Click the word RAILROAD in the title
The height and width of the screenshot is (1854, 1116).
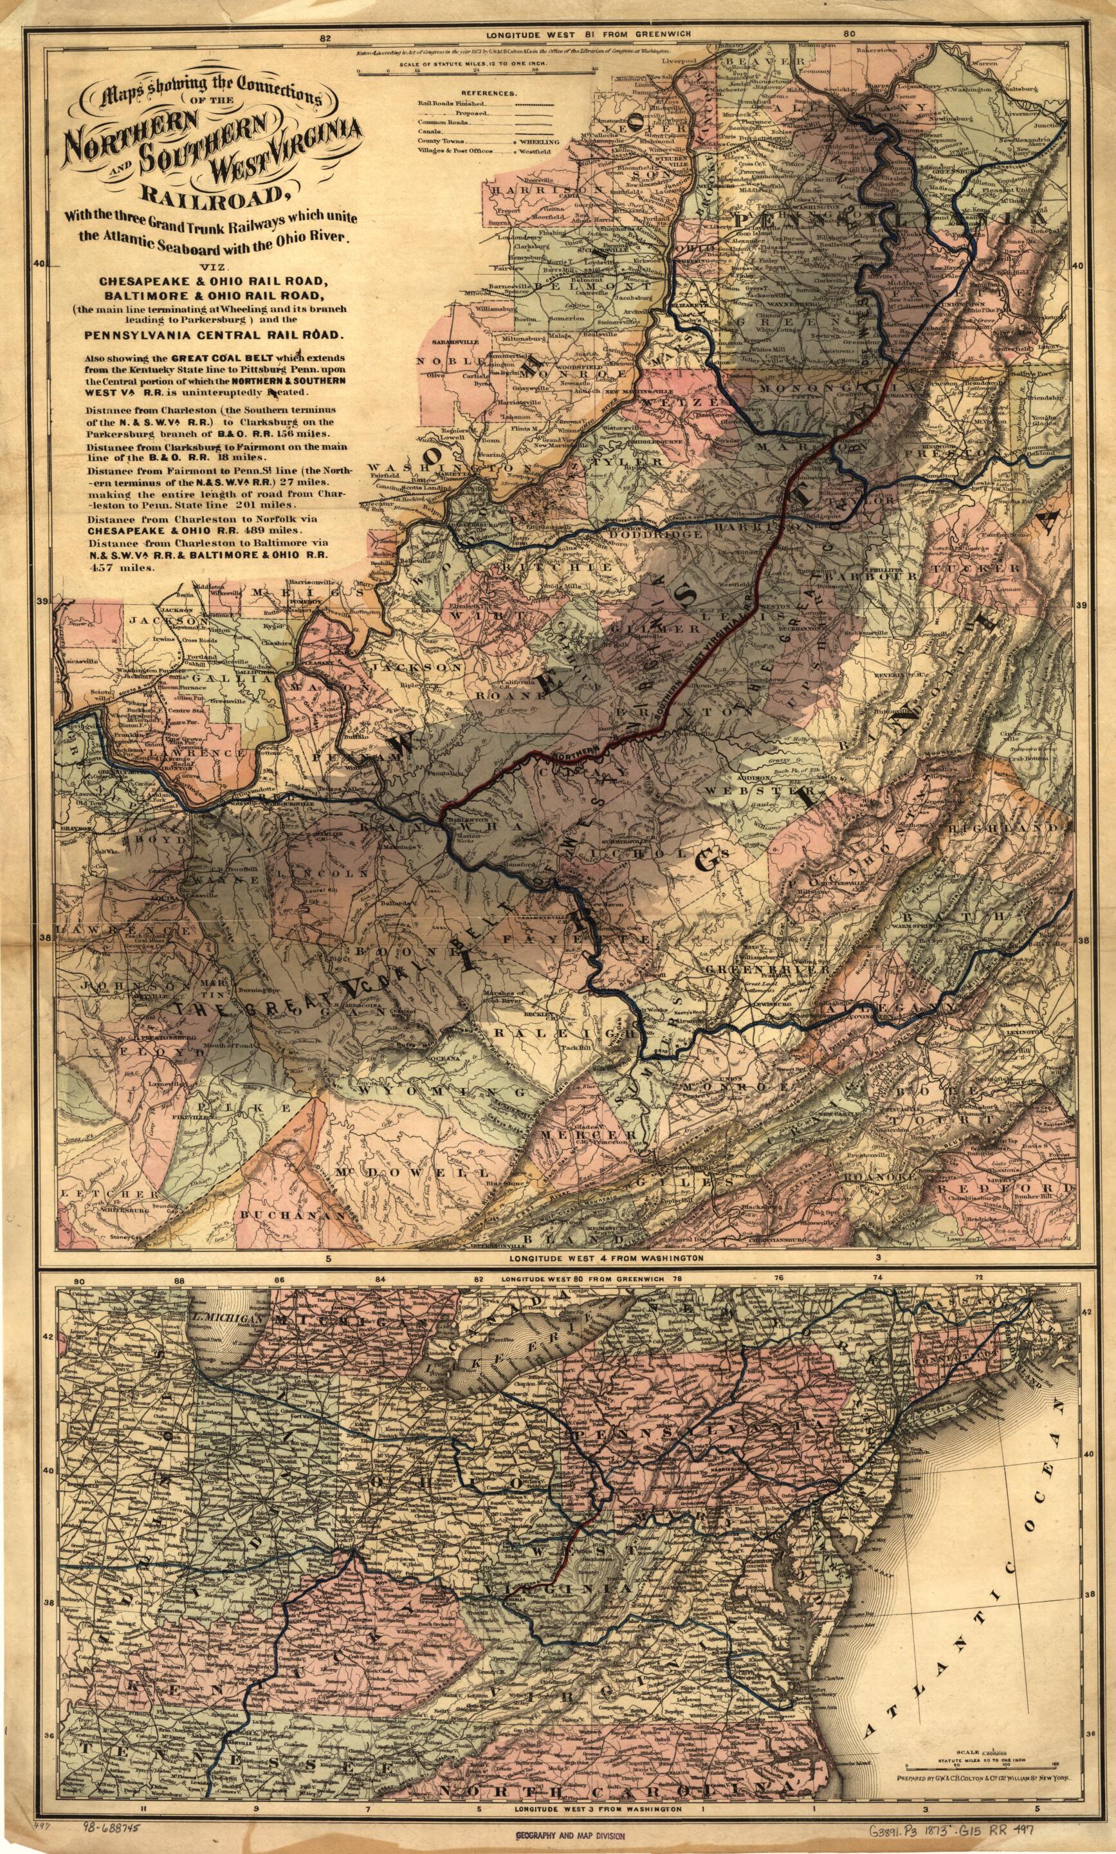tap(203, 194)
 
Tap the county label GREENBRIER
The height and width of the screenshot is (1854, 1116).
tap(767, 970)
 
